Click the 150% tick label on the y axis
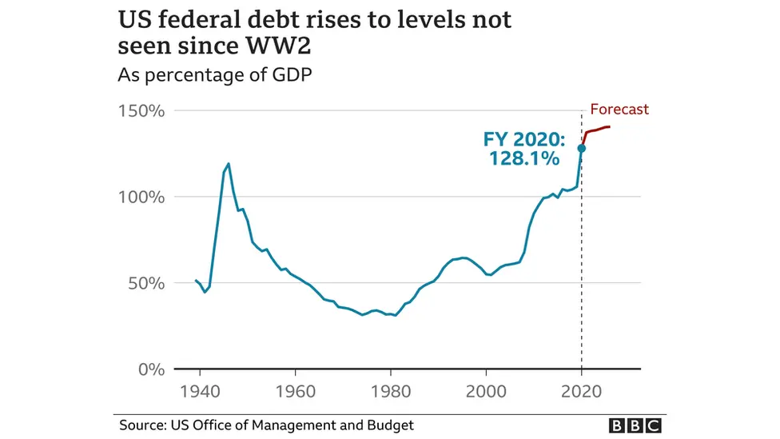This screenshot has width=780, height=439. pyautogui.click(x=141, y=110)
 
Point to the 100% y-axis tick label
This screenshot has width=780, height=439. pyautogui.click(x=141, y=197)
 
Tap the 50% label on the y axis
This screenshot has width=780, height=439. pyautogui.click(x=145, y=283)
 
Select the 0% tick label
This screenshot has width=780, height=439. pyautogui.click(x=150, y=369)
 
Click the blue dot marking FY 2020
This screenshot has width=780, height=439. pyautogui.click(x=582, y=148)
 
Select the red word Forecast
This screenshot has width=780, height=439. pyautogui.click(x=619, y=110)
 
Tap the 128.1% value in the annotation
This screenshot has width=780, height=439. pyautogui.click(x=524, y=159)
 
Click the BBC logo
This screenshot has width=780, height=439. pyautogui.click(x=635, y=425)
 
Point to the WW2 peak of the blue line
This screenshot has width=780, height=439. pyautogui.click(x=229, y=164)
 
